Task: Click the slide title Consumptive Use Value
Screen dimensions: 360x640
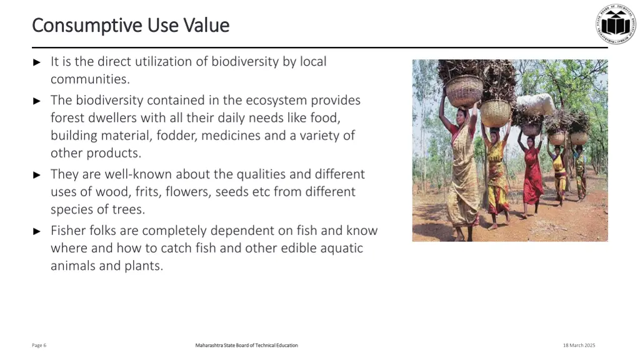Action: point(131,25)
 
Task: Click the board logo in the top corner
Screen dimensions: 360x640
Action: point(615,24)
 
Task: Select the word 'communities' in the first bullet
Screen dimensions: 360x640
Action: point(89,79)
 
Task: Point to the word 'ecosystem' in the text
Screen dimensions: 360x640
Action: point(276,100)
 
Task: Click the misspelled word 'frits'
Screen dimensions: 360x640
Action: point(147,192)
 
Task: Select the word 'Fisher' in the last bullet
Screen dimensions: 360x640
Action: point(68,231)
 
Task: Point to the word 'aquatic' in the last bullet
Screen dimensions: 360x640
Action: point(342,248)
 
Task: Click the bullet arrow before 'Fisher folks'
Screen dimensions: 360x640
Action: point(37,231)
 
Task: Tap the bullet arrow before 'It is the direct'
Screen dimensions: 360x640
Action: point(37,62)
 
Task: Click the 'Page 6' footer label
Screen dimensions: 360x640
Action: point(39,345)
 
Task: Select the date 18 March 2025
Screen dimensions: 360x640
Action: point(579,345)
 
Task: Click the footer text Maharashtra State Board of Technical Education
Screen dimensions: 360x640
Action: point(246,345)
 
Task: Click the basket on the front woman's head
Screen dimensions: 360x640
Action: point(464,91)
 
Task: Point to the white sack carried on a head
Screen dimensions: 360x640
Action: point(535,104)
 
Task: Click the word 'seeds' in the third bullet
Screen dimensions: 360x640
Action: point(232,192)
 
